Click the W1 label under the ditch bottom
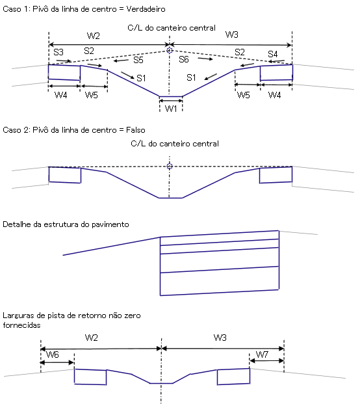click(171, 108)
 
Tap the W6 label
click(53, 355)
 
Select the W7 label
click(262, 355)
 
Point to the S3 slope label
click(58, 52)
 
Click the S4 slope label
click(272, 54)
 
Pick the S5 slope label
click(138, 60)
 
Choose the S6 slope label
click(184, 59)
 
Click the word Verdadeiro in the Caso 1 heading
click(146, 9)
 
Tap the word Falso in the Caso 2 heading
click(136, 130)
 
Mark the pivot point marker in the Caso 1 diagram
click(170, 50)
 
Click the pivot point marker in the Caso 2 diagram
click(170, 166)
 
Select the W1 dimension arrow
click(171, 101)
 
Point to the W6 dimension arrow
click(57, 362)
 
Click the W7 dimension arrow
click(266, 360)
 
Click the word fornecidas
click(21, 325)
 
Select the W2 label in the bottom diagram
click(92, 338)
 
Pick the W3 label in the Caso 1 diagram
click(232, 34)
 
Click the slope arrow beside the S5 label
click(122, 61)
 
